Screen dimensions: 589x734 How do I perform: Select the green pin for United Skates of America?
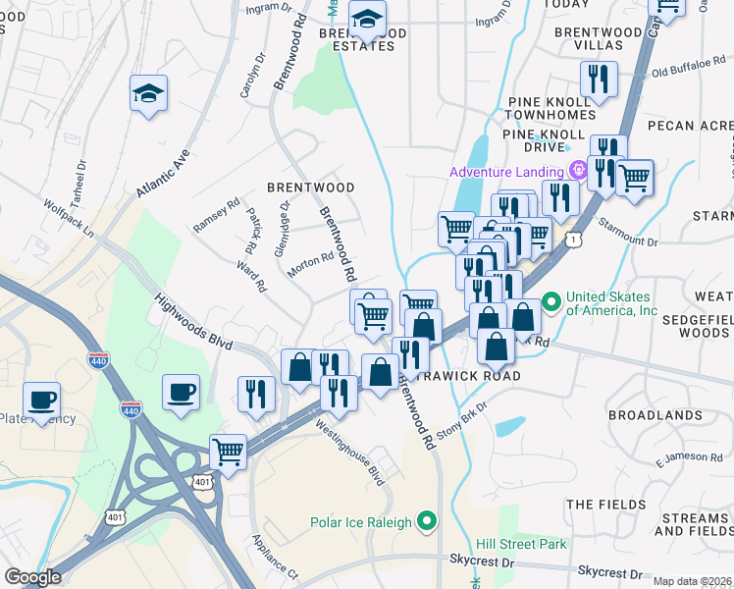[x=551, y=299]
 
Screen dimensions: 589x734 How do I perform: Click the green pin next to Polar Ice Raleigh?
[x=427, y=521]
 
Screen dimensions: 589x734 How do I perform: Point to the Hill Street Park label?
[x=519, y=544]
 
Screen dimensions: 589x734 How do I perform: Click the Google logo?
[x=32, y=577]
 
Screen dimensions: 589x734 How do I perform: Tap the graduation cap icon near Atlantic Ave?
[x=148, y=94]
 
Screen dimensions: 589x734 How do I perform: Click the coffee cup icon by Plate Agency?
[x=42, y=400]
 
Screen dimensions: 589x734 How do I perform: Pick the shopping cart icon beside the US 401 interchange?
[x=228, y=452]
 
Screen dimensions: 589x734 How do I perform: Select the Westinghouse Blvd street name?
[x=348, y=452]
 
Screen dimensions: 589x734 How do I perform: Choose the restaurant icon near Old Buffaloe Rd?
[x=599, y=80]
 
